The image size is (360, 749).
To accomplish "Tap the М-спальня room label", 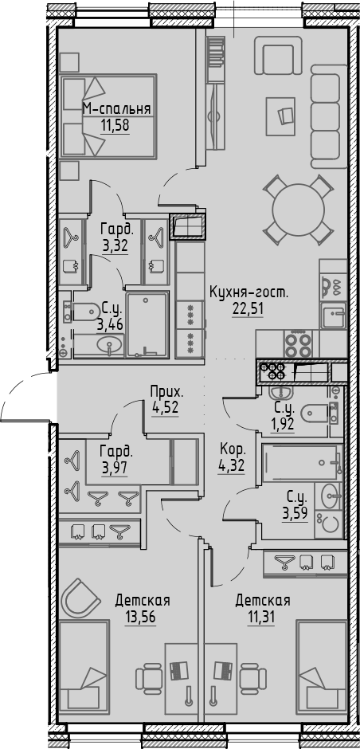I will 118,109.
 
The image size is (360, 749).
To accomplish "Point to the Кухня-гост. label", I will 248,292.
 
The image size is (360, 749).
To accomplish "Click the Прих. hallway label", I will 166,391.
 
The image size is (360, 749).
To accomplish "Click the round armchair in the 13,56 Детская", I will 82,595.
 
